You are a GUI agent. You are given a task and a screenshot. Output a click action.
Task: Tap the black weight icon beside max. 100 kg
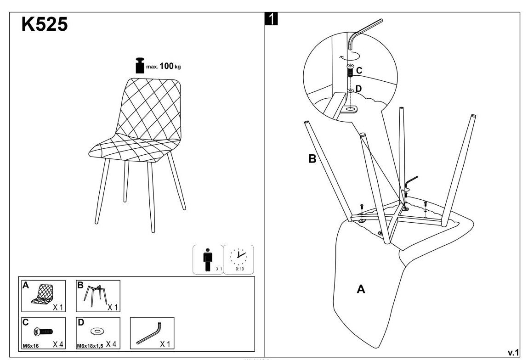pyautogui.click(x=139, y=66)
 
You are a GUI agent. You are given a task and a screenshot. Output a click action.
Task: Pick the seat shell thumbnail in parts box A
pyautogui.click(x=43, y=294)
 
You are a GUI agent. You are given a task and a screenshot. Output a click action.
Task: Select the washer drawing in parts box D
pyautogui.click(x=97, y=331)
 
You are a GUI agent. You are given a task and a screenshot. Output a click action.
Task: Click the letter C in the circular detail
pyautogui.click(x=359, y=71)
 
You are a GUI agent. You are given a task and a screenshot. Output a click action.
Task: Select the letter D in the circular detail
pyautogui.click(x=359, y=89)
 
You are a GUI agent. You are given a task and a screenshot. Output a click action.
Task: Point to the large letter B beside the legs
pyautogui.click(x=313, y=159)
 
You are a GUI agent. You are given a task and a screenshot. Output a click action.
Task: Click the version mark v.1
pyautogui.click(x=513, y=352)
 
